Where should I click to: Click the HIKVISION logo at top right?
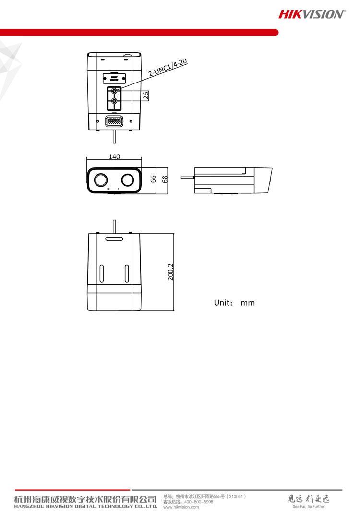[312, 14]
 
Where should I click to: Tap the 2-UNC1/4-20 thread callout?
[168, 67]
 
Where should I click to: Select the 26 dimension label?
[146, 95]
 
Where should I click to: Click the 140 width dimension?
[114, 156]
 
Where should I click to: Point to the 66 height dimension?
[153, 179]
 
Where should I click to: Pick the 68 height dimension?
[165, 179]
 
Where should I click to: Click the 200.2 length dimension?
[170, 272]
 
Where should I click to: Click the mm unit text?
[248, 303]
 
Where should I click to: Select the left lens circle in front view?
[101, 180]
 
